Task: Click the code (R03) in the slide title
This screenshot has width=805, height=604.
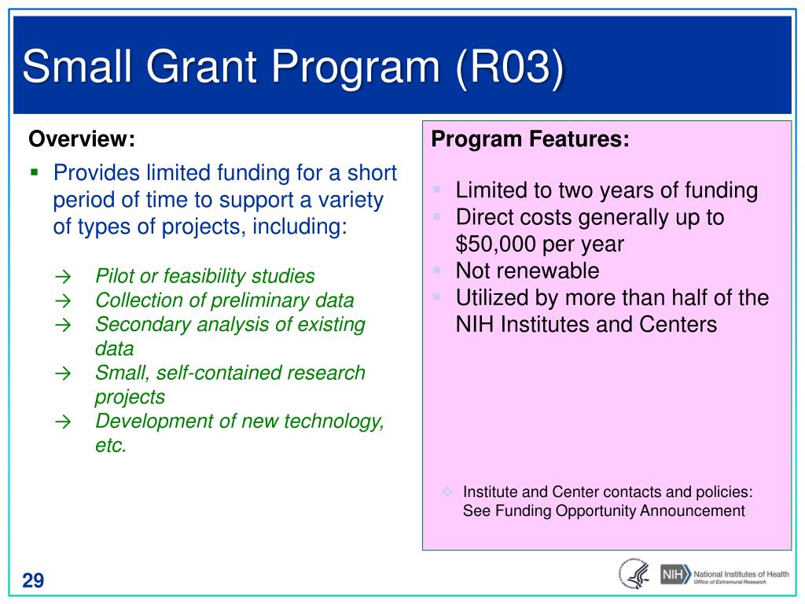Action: pyautogui.click(x=509, y=68)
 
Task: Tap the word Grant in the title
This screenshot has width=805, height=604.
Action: pyautogui.click(x=201, y=66)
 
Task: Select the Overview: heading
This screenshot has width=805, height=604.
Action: pyautogui.click(x=82, y=138)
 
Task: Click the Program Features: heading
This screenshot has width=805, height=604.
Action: pyautogui.click(x=530, y=139)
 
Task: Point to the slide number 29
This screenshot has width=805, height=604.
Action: pyautogui.click(x=33, y=580)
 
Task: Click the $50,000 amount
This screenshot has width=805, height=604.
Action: pyautogui.click(x=495, y=244)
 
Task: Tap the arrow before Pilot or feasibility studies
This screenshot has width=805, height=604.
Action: pyautogui.click(x=63, y=277)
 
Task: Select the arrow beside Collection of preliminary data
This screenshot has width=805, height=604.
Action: pyautogui.click(x=63, y=301)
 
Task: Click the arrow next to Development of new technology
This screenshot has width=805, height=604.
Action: pyautogui.click(x=63, y=422)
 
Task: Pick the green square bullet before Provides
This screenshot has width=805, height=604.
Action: pyautogui.click(x=35, y=172)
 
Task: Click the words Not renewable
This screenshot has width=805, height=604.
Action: pyautogui.click(x=527, y=271)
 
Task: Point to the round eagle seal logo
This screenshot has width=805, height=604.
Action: pyautogui.click(x=634, y=573)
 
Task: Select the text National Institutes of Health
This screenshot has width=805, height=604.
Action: pyautogui.click(x=741, y=573)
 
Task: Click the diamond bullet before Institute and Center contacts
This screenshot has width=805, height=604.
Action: pyautogui.click(x=447, y=492)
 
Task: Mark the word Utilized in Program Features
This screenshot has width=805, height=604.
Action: pyautogui.click(x=488, y=297)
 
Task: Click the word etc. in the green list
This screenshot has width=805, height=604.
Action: pyautogui.click(x=111, y=445)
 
